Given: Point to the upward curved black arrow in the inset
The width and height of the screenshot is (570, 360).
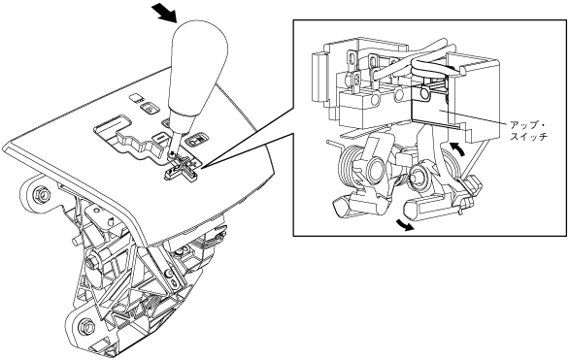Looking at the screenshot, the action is pyautogui.click(x=456, y=148).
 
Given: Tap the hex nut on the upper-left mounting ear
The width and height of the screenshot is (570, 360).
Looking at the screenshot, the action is pyautogui.click(x=42, y=195).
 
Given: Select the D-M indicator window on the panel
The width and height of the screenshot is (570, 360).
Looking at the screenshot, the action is pyautogui.click(x=197, y=140).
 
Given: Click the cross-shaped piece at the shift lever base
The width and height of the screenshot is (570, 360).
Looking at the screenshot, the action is pyautogui.click(x=183, y=170).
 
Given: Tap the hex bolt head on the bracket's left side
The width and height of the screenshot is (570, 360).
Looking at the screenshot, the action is pyautogui.click(x=92, y=262).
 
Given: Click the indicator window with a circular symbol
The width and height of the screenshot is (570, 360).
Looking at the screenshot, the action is pyautogui.click(x=149, y=108).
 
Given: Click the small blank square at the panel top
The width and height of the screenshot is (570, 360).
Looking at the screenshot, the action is pyautogui.click(x=136, y=97).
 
